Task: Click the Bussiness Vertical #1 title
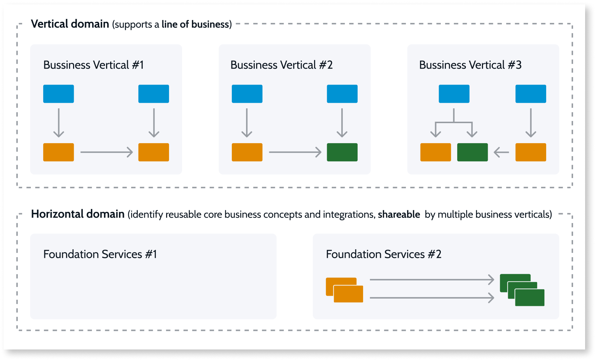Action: tap(94, 65)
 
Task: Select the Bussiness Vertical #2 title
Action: tap(281, 65)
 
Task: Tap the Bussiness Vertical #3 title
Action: tap(470, 65)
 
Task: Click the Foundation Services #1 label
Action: tap(100, 254)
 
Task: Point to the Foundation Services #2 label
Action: tap(383, 254)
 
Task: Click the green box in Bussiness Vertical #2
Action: tap(342, 152)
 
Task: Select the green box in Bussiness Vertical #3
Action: tap(472, 152)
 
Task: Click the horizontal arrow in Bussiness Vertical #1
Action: tap(106, 152)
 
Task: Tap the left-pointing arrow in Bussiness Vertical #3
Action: tap(502, 152)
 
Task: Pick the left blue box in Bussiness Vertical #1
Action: tap(59, 94)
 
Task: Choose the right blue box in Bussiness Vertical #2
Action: tap(342, 94)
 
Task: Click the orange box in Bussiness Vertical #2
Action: tap(247, 152)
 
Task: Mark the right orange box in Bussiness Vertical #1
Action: tap(153, 152)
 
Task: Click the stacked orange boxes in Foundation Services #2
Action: tap(345, 290)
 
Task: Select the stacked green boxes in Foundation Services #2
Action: tap(522, 290)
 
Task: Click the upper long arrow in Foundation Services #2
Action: tap(432, 280)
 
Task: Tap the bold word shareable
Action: tap(399, 215)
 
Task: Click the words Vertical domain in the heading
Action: tap(70, 24)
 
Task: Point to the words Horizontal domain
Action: tap(78, 214)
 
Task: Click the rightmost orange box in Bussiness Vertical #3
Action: tap(531, 152)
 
